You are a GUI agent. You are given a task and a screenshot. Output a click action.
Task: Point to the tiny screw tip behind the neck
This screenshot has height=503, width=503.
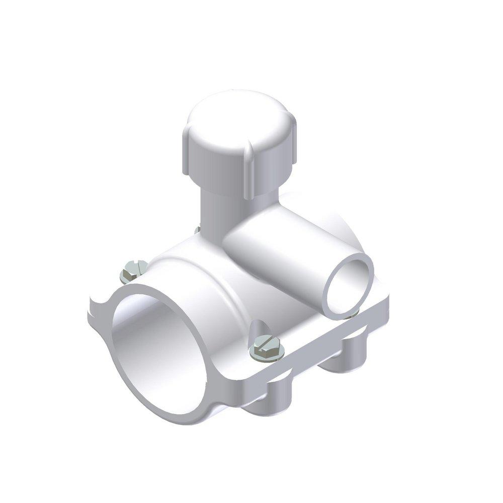[196, 230]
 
